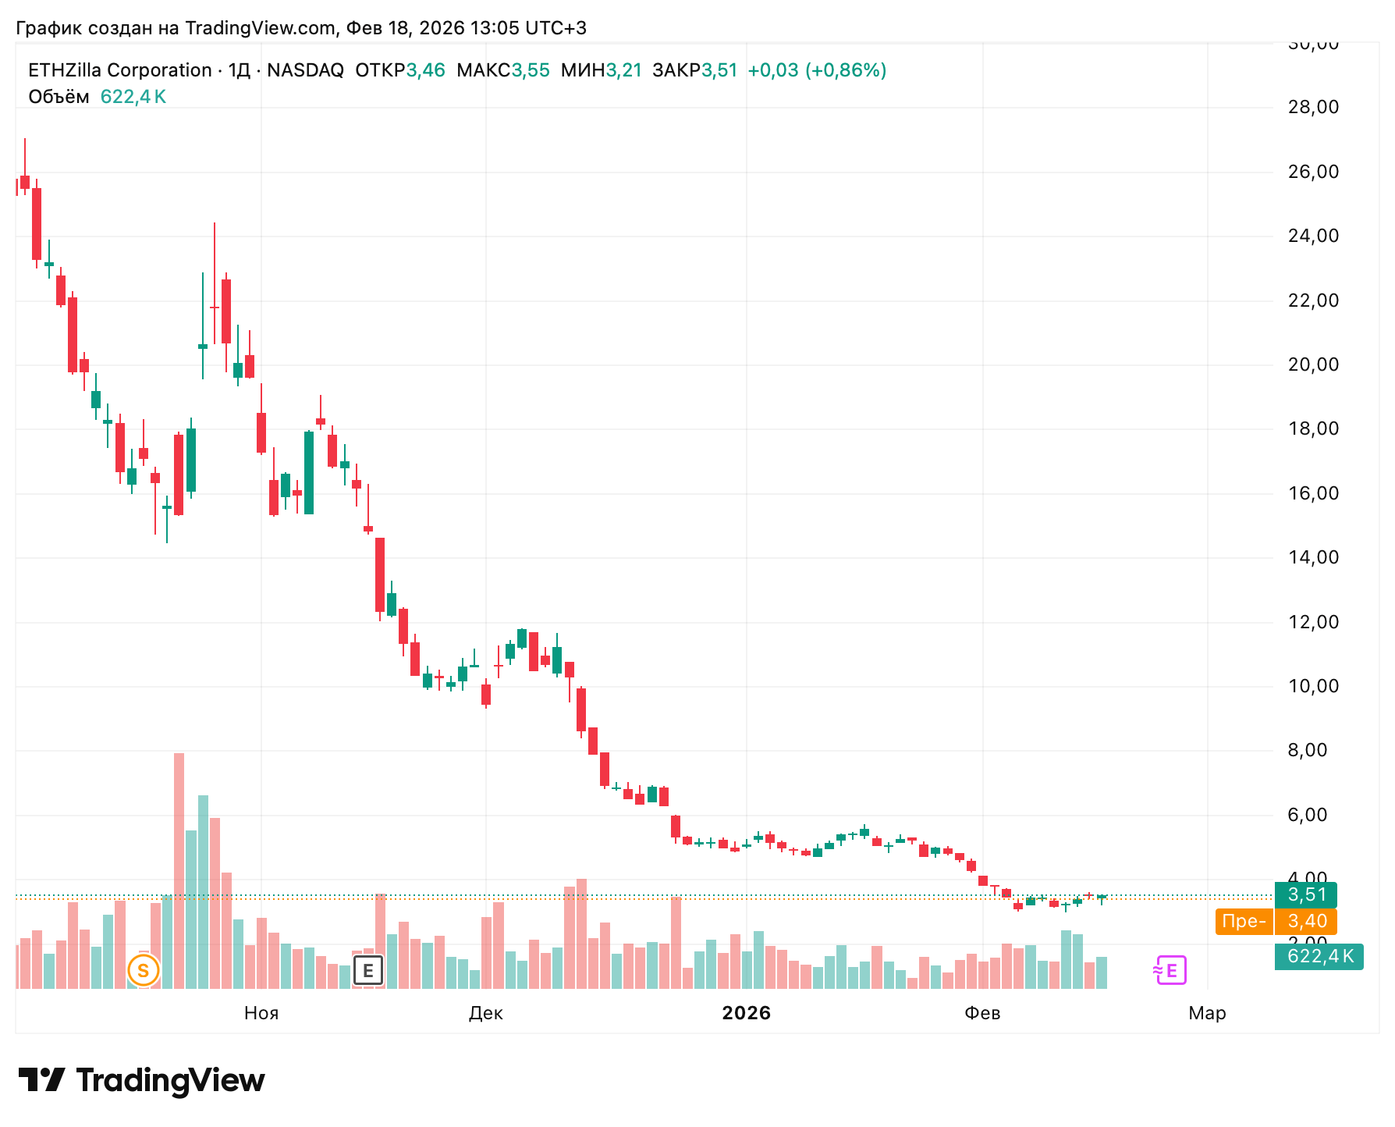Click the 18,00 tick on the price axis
[1313, 428]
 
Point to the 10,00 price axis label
[1313, 686]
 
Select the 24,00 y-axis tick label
[1313, 236]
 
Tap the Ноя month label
[261, 1013]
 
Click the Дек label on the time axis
[485, 1013]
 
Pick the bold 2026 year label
[746, 1013]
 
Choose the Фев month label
[982, 1013]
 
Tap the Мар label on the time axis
[1207, 1013]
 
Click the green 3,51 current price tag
[1306, 894]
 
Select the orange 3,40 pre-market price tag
[1306, 921]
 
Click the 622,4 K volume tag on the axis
[1319, 956]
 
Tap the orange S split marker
[144, 971]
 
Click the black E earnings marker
[368, 971]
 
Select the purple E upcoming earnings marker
[1170, 970]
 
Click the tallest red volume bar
[179, 870]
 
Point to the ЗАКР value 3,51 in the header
[719, 70]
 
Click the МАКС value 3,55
[531, 70]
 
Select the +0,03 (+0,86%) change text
[817, 70]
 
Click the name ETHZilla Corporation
[120, 70]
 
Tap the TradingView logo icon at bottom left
[42, 1080]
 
